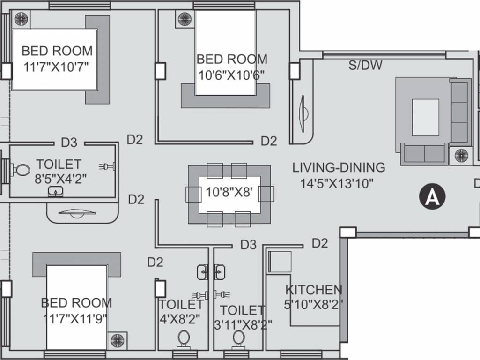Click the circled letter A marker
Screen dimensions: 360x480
(432, 197)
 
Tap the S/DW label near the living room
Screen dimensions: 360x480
(365, 65)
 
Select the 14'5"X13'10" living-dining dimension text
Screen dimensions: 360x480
(337, 183)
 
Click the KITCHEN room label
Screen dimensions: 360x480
(314, 290)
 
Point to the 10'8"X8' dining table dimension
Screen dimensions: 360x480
(229, 193)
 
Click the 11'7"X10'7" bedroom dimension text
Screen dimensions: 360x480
(56, 66)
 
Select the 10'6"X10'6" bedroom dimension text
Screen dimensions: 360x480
(231, 75)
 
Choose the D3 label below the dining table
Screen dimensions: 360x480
(249, 244)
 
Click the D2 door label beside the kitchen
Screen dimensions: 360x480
(319, 243)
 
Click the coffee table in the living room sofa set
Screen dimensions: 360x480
(425, 117)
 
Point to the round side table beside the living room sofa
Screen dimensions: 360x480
(461, 155)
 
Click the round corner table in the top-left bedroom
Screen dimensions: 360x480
(21, 19)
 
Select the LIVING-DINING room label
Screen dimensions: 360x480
(339, 167)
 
